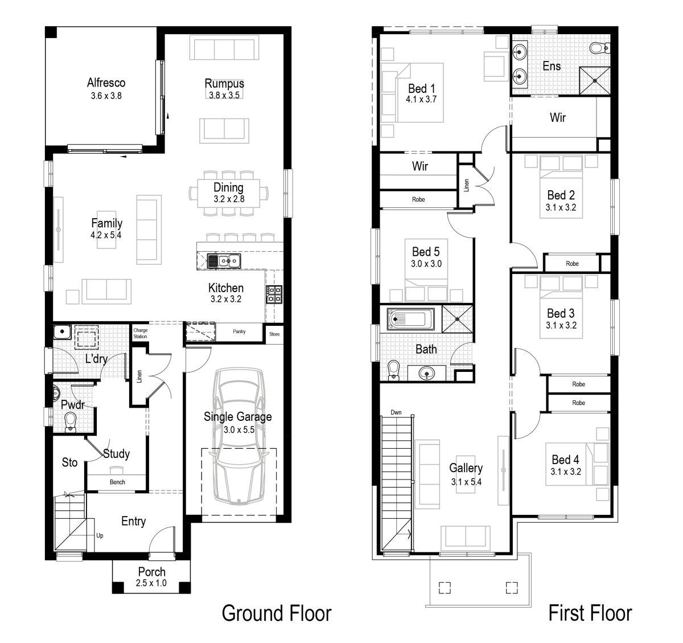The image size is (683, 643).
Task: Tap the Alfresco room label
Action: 106,83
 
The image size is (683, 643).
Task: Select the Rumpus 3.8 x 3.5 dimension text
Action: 224,96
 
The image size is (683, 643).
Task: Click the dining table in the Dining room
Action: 228,194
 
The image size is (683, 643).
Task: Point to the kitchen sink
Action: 224,261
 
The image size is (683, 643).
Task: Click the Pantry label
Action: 239,331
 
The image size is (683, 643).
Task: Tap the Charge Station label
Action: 140,333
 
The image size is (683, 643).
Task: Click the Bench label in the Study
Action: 117,482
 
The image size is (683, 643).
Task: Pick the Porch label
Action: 152,571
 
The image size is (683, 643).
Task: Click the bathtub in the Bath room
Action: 410,320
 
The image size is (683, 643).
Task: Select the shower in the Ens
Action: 594,80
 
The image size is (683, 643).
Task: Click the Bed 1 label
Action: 421,88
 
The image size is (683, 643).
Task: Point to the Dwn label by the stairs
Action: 396,412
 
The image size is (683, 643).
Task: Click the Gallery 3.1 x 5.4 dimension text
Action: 466,482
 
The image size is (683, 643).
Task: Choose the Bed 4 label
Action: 565,460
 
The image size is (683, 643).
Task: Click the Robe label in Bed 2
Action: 572,264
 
